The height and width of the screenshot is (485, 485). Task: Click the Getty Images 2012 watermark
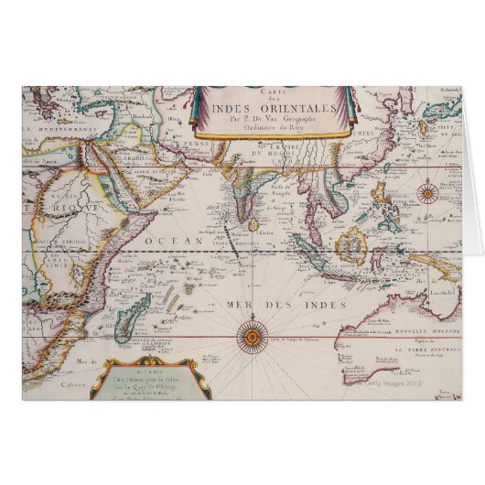[407, 383]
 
